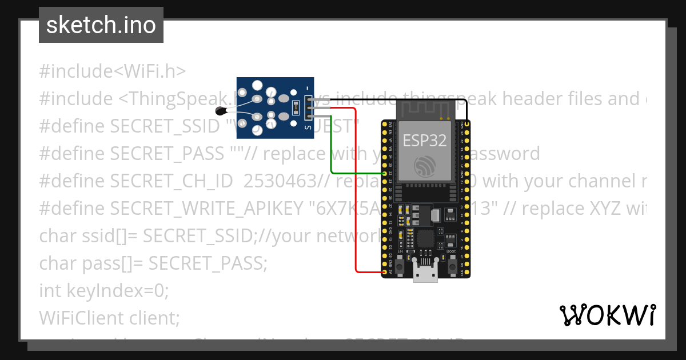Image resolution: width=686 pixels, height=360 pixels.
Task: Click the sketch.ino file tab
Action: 101,25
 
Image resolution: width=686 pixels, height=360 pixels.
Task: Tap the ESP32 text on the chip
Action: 425,140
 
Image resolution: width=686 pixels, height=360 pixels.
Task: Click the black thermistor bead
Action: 220,111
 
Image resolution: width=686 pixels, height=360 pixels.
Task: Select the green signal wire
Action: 354,173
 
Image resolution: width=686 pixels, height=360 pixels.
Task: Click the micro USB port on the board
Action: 425,275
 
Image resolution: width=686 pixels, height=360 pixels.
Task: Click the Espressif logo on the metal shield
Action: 425,165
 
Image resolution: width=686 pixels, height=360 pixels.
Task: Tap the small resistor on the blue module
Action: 295,107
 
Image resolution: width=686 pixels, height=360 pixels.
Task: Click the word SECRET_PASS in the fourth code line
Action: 165,154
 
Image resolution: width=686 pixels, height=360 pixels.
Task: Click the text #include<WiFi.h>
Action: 113,71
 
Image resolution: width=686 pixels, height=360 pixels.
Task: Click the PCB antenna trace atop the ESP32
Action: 425,108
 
